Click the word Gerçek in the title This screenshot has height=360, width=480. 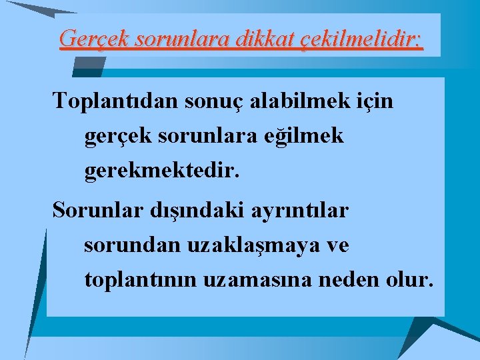(94, 39)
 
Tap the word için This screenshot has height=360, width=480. (377, 102)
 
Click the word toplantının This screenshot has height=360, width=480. (145, 280)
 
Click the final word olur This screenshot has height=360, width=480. (409, 280)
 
